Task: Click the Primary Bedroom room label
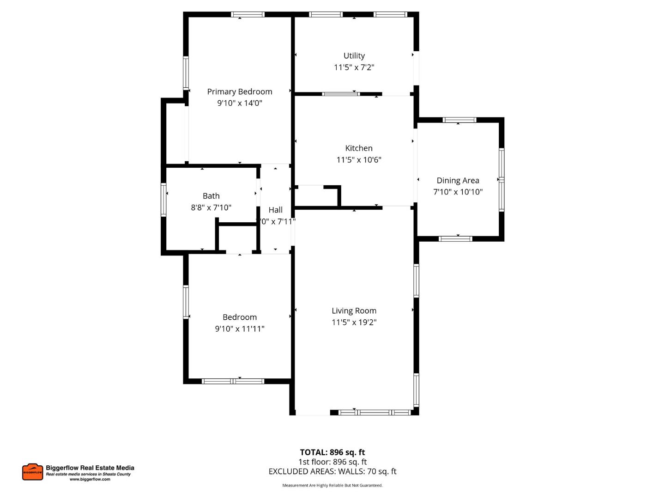(239, 91)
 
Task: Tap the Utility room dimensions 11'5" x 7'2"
(354, 67)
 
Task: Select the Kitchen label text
(359, 148)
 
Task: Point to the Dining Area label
(458, 181)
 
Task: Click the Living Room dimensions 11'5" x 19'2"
(354, 323)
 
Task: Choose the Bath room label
(211, 196)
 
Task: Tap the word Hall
(275, 210)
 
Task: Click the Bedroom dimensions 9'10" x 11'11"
(239, 329)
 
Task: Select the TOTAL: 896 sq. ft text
(332, 452)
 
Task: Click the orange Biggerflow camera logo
(32, 472)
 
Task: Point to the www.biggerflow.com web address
(90, 480)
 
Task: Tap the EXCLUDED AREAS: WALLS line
(332, 472)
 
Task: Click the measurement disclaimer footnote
(332, 486)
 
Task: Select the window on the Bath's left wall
(163, 200)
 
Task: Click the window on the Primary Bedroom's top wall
(248, 15)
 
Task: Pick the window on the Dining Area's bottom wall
(455, 239)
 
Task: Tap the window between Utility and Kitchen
(341, 94)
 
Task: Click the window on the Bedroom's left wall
(186, 302)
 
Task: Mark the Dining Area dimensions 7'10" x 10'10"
(458, 192)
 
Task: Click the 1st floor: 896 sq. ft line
(332, 462)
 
